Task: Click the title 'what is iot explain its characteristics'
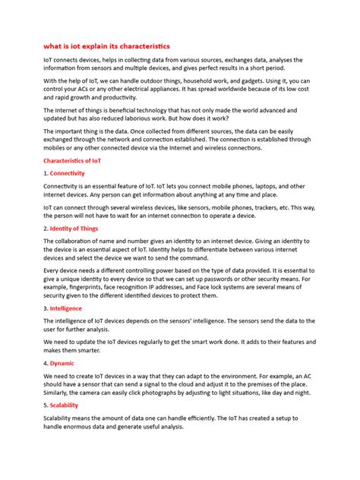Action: point(106,46)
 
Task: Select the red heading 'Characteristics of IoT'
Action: point(72,161)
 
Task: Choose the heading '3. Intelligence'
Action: point(67,308)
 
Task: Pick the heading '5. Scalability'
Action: point(64,406)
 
